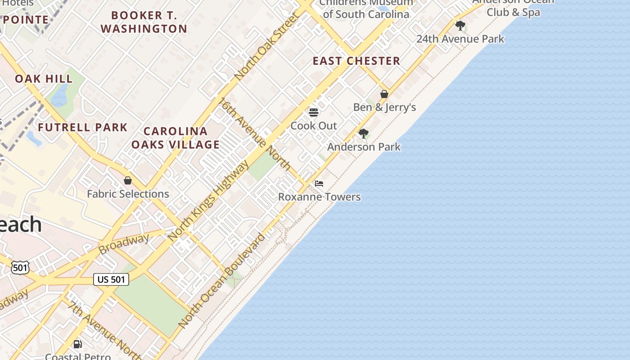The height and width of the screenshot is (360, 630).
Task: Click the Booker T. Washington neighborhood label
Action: [x=144, y=22]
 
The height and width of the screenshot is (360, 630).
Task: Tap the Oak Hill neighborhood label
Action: [x=44, y=79]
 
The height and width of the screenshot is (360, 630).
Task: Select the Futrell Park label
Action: [x=83, y=127]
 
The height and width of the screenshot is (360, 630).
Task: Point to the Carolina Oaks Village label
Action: [x=175, y=138]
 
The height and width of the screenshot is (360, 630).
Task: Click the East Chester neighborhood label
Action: [x=356, y=61]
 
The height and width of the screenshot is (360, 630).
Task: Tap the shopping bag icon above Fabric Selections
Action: [x=128, y=181]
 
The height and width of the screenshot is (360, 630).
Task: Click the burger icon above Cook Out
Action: [x=314, y=112]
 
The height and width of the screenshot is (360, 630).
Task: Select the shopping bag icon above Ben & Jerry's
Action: [x=384, y=94]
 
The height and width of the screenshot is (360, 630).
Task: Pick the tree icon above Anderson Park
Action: [x=363, y=134]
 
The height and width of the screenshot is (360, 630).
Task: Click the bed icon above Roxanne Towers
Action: [x=319, y=184]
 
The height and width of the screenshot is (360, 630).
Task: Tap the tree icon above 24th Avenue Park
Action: [x=460, y=26]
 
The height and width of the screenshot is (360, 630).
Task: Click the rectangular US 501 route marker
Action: [x=111, y=279]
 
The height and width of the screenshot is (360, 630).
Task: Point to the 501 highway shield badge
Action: [x=20, y=268]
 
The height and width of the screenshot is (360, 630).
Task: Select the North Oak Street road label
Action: [x=267, y=47]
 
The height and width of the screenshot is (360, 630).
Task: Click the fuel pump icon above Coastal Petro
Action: [x=78, y=345]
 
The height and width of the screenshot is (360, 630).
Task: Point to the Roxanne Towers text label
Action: [x=319, y=197]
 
